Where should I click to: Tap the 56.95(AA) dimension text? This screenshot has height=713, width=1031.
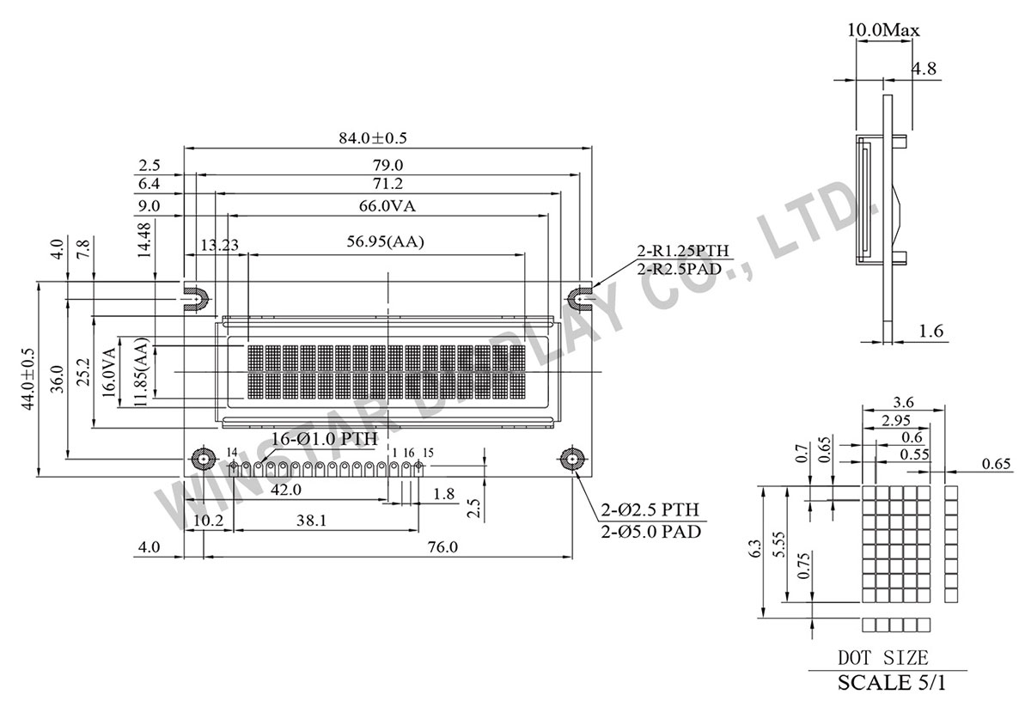386,243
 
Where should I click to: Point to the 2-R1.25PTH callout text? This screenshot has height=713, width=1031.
683,251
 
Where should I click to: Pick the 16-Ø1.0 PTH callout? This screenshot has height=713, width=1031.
324,439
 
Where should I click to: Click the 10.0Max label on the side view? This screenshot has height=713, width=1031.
882,30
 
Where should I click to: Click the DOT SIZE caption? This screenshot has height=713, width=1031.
883,659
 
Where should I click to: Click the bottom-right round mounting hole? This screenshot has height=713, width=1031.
570,460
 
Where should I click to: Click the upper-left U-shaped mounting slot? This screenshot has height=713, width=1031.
195,298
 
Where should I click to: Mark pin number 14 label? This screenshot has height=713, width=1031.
232,452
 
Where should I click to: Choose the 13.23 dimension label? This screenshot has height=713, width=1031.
219,245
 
